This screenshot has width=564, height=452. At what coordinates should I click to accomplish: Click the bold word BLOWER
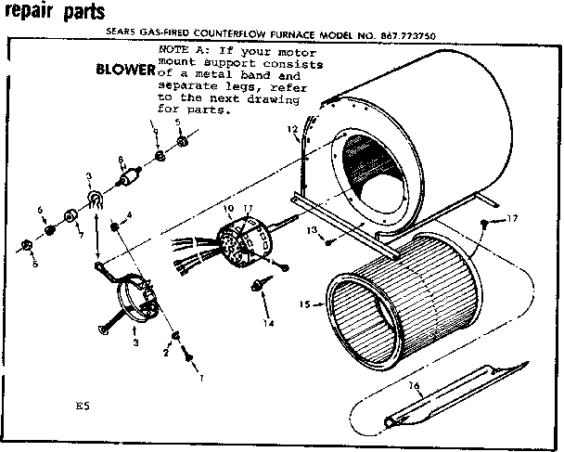point(126,71)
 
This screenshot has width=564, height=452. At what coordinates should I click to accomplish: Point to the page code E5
point(83,406)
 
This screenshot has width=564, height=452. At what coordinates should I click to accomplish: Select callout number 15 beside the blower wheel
point(304,303)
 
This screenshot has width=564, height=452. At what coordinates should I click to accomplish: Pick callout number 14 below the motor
point(269,324)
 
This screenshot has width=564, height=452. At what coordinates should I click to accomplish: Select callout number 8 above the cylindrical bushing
point(121,161)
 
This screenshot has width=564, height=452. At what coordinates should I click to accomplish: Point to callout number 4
point(127,215)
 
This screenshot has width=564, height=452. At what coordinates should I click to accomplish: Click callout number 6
point(41,209)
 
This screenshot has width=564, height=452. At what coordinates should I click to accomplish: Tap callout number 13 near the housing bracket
point(313,229)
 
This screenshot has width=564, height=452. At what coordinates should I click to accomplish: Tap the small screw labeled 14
point(255,282)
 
